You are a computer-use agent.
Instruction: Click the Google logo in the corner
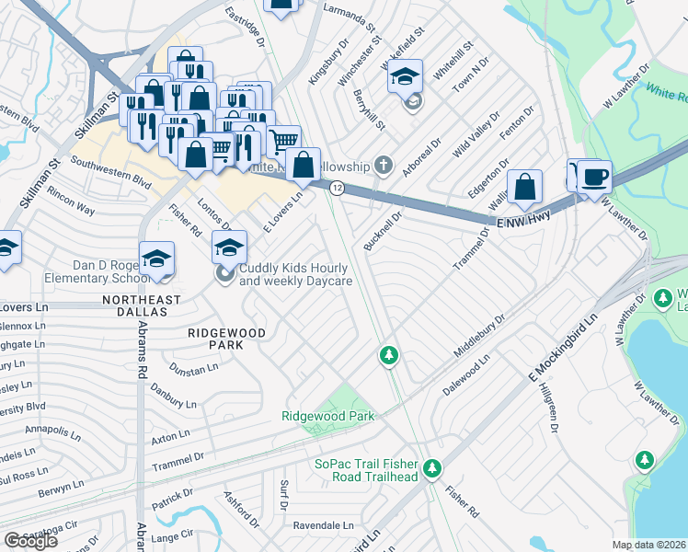point(30,541)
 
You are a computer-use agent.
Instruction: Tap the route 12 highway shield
point(338,188)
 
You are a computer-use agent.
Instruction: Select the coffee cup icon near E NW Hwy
point(594,176)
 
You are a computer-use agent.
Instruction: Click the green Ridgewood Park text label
point(328,417)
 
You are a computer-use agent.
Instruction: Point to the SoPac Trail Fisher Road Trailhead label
point(366,470)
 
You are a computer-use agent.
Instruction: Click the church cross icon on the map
point(384,167)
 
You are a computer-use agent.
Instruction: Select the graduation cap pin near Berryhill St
point(404,78)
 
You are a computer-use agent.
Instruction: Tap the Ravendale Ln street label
point(324,526)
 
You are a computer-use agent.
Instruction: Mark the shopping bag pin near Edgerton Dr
point(523,187)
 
